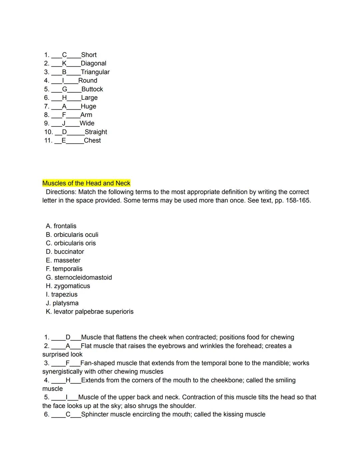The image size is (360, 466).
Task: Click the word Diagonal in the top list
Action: [93, 63]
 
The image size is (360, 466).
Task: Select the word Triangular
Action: [95, 72]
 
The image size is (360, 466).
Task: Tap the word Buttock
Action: [92, 89]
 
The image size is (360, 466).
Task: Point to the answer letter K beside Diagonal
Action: [64, 63]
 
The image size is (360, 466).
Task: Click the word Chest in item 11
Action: [92, 140]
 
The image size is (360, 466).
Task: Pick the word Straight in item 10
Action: [96, 132]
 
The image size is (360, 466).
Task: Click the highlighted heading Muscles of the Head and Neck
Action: [86, 183]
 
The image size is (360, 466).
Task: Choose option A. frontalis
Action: [61, 226]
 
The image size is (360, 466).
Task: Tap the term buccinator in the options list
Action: [69, 252]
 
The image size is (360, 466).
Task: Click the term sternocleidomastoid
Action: [83, 278]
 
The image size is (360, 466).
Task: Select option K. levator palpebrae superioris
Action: [90, 312]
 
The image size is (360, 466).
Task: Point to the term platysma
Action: [66, 303]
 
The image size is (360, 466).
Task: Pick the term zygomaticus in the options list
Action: [72, 286]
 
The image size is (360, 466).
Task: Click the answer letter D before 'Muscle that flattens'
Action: [68, 337]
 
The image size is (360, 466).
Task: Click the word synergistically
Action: [62, 372]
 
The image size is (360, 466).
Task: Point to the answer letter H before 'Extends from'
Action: [68, 380]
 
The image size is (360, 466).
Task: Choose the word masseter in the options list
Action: [67, 260]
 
